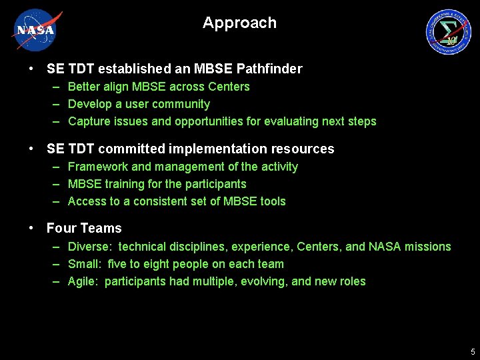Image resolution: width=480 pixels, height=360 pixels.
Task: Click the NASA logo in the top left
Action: click(x=37, y=30)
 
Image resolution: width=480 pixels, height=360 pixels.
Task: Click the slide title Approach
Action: click(x=239, y=23)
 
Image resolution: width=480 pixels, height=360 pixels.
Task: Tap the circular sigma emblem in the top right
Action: click(x=448, y=32)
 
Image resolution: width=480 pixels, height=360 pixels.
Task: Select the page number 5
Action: click(x=472, y=351)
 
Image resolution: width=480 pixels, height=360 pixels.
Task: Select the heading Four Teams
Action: click(x=84, y=228)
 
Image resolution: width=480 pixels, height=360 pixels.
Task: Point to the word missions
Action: click(x=429, y=247)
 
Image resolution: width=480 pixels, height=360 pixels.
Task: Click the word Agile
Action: click(x=83, y=281)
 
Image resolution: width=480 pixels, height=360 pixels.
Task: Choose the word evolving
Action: click(x=264, y=281)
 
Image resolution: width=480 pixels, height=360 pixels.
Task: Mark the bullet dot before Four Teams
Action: click(x=32, y=228)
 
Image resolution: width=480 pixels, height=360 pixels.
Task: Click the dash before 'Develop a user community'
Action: click(x=56, y=104)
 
